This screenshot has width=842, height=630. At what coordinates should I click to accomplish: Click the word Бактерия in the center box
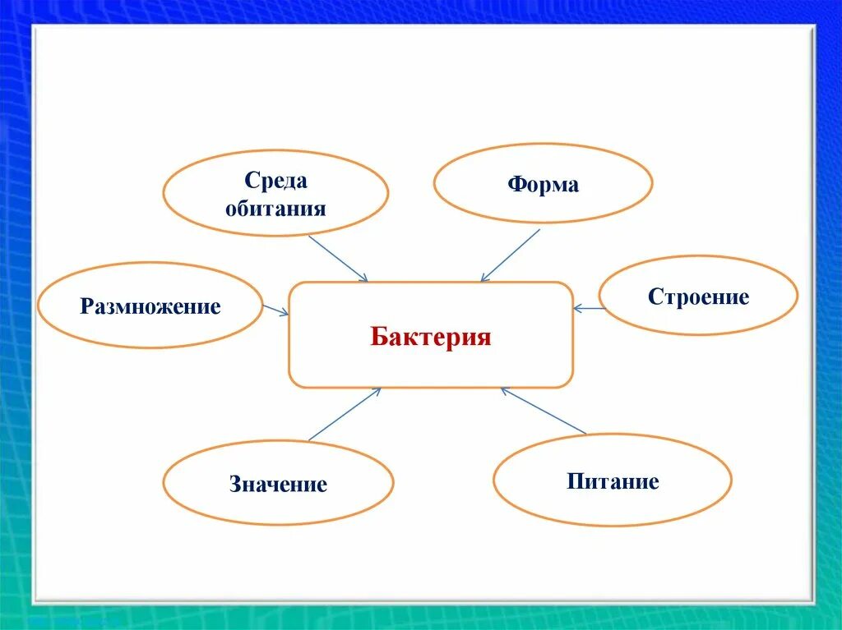[430, 337]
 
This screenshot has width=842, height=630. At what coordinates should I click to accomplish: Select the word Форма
[543, 185]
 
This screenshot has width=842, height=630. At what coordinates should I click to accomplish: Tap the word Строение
[698, 297]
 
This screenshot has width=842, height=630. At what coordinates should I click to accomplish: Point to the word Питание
[613, 481]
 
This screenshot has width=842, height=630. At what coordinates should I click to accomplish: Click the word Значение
[278, 485]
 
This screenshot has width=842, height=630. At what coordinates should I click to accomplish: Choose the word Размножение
[150, 307]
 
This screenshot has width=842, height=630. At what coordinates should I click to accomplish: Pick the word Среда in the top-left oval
[275, 181]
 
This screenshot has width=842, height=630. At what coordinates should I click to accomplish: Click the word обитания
[275, 208]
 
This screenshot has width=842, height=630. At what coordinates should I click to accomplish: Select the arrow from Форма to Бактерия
[510, 255]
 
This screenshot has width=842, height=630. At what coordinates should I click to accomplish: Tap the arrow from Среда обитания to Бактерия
[338, 259]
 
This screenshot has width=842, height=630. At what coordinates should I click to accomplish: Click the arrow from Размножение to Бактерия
[276, 310]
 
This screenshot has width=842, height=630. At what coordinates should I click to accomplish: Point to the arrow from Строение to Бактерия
[588, 308]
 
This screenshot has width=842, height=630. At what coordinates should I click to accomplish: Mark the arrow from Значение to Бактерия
[345, 414]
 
